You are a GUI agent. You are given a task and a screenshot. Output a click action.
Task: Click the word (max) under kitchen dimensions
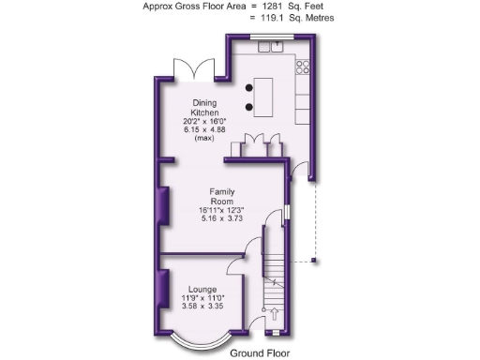pyautogui.click(x=205, y=139)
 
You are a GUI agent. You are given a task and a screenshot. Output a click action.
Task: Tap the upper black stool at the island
pyautogui.click(x=248, y=86)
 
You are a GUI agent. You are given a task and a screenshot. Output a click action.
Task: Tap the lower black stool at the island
pyautogui.click(x=248, y=105)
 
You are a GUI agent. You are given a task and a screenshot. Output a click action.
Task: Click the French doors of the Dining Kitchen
pyautogui.click(x=194, y=71)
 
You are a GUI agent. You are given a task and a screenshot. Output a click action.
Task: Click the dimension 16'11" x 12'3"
pyautogui.click(x=221, y=210)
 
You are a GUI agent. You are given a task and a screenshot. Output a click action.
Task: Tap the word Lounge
pyautogui.click(x=203, y=289)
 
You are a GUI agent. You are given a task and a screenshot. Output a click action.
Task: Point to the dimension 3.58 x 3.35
pyautogui.click(x=203, y=307)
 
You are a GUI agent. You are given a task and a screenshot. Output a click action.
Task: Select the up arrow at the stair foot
pyautogui.click(x=274, y=314)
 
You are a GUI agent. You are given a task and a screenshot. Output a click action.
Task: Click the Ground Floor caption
pyautogui.click(x=259, y=352)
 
